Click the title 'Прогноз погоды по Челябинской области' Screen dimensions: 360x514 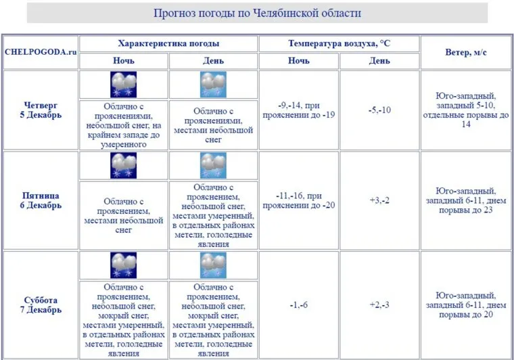[x=257, y=13]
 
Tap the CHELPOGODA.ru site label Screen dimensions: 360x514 [x=40, y=52]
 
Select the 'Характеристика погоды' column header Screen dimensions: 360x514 [x=168, y=43]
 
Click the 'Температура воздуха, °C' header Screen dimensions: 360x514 [x=339, y=43]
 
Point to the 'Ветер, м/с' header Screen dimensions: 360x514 [x=465, y=52]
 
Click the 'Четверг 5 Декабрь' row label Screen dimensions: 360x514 [x=41, y=110]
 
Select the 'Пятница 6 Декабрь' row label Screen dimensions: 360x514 [x=41, y=200]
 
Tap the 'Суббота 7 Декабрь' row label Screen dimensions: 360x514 [x=41, y=305]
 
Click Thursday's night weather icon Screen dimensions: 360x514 [x=123, y=85]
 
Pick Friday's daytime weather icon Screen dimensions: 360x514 [x=213, y=166]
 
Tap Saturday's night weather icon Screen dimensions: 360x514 [x=123, y=265]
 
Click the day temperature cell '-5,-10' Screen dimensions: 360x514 [x=379, y=110]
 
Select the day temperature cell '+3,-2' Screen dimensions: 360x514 [x=379, y=200]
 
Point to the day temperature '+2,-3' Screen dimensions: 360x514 [x=379, y=305]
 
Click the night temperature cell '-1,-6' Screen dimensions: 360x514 [x=298, y=305]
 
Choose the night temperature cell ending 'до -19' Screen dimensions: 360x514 [x=298, y=110]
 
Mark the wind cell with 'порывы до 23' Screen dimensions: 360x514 [x=465, y=200]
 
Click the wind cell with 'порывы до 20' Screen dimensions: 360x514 [x=465, y=305]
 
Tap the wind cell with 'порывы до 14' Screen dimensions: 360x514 [x=465, y=110]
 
